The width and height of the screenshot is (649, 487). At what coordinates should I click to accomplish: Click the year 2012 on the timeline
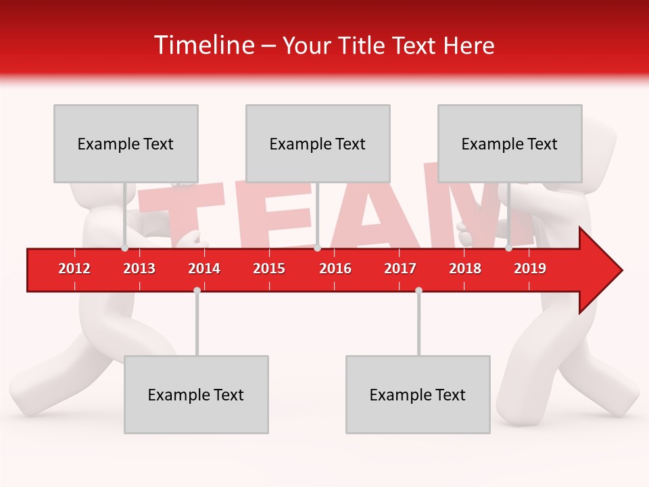tap(74, 269)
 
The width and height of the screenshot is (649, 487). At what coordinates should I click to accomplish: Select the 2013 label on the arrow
tap(139, 269)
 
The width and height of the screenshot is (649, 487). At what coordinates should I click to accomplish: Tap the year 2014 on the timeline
tap(204, 269)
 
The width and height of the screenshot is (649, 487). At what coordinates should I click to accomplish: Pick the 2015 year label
tap(269, 269)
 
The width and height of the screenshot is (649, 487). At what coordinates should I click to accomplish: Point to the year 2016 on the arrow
tap(335, 269)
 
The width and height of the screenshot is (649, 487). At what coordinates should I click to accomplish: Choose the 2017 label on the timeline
tap(400, 269)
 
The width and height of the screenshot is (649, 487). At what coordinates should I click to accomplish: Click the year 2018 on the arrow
tap(465, 269)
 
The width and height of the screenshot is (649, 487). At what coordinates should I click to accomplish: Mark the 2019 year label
tap(530, 269)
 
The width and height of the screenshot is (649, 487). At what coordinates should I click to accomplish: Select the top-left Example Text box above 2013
tap(126, 143)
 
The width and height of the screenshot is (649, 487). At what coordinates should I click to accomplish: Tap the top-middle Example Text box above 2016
tap(318, 143)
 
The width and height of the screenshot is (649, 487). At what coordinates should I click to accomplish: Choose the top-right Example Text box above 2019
tap(510, 143)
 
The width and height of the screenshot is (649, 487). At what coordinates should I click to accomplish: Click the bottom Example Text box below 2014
tap(196, 394)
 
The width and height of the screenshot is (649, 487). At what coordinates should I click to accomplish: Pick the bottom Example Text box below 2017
tap(418, 394)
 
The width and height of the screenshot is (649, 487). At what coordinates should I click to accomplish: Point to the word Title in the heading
tap(362, 46)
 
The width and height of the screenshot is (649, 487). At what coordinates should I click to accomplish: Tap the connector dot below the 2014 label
tap(197, 290)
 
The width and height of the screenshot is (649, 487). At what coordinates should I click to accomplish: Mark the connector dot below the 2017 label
tap(418, 290)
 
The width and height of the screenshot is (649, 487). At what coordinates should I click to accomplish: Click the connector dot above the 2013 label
tap(124, 248)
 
